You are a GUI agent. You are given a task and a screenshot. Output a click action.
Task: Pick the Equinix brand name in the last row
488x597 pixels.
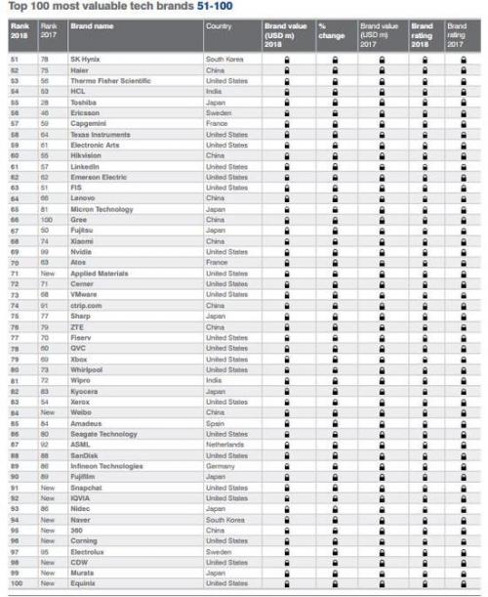pyautogui.click(x=85, y=582)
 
